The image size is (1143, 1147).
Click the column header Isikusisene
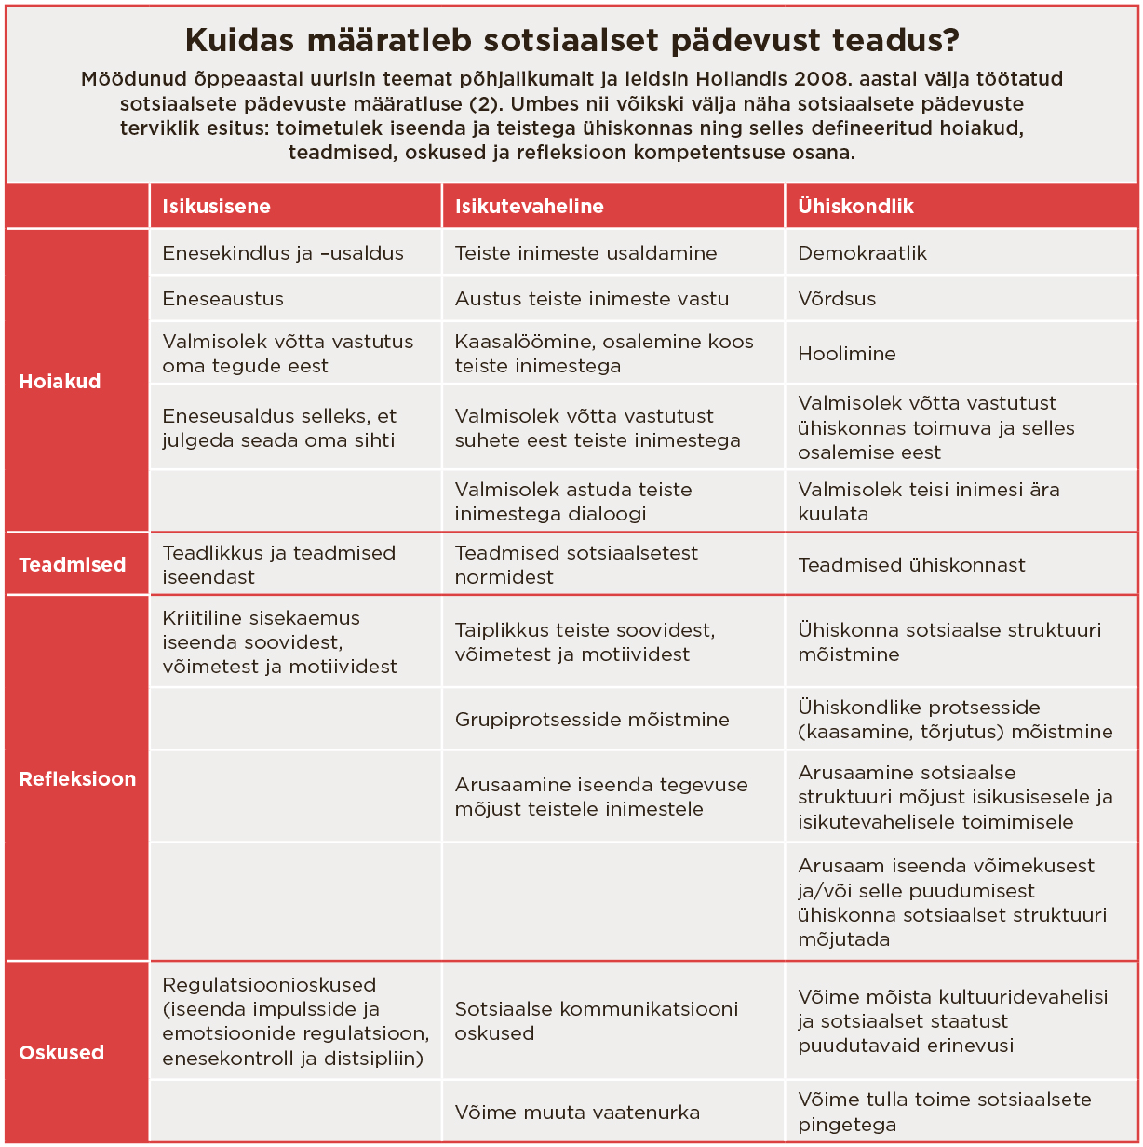[216, 207]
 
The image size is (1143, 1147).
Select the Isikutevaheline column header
[529, 207]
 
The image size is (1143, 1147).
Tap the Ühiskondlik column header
[855, 207]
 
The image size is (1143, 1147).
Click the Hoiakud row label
[60, 382]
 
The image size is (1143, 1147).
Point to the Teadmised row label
[72, 565]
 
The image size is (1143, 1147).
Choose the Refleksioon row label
[77, 779]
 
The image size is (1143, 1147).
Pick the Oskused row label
[61, 1053]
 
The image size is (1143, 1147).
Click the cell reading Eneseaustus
[222, 299]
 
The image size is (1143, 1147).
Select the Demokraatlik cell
[862, 253]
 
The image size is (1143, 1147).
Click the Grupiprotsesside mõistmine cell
[592, 720]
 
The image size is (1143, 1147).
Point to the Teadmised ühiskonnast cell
[911, 565]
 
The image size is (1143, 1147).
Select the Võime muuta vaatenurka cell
[577, 1113]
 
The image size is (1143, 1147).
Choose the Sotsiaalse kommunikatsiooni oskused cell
[596, 1021]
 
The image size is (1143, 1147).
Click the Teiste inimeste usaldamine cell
[585, 253]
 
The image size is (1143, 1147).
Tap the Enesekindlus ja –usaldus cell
[282, 253]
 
